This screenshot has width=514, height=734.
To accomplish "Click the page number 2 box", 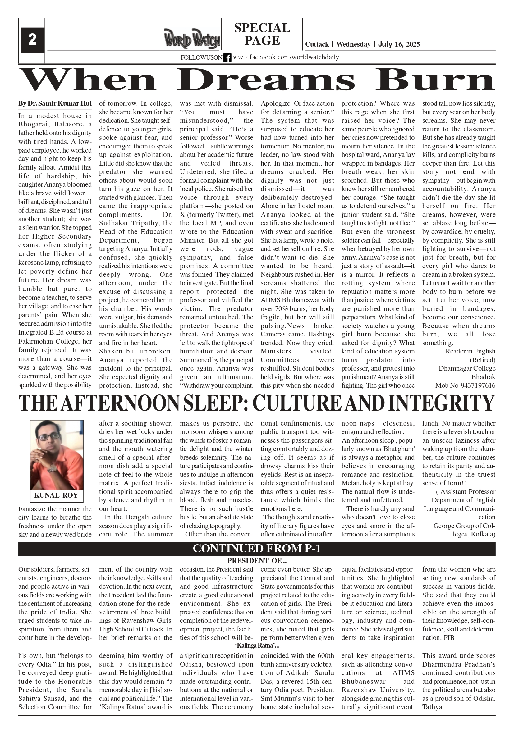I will point(32,40).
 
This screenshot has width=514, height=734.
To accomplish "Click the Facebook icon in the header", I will point(227,57).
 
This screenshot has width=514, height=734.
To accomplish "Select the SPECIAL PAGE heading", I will point(262,34).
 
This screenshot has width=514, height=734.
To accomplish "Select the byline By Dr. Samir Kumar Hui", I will point(55,103).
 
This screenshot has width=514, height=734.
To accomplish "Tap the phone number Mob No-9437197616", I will point(465,385).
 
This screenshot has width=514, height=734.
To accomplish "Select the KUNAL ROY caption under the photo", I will point(56,495).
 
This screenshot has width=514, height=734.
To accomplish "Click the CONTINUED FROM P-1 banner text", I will point(256,548).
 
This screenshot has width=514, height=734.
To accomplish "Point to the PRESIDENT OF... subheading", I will point(256,561).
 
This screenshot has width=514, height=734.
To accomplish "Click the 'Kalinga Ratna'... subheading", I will point(256,645).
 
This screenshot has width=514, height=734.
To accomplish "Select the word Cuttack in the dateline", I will point(317,44).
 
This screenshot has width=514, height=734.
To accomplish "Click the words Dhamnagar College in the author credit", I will point(467,368).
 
